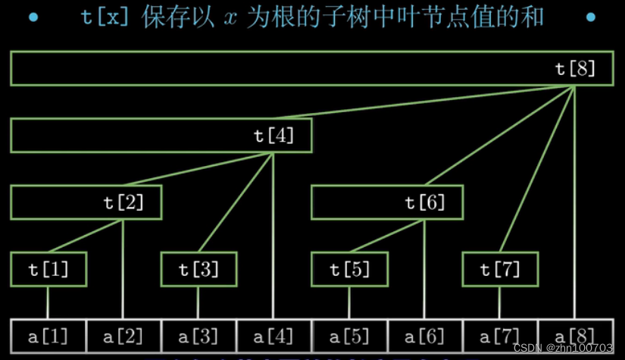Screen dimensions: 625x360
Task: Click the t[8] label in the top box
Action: click(576, 69)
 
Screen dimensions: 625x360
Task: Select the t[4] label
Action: click(273, 136)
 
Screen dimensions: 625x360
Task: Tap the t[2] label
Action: click(123, 202)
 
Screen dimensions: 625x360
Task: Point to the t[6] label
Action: click(425, 202)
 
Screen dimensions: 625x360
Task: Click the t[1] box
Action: click(48, 269)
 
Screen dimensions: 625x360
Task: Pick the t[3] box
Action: click(198, 269)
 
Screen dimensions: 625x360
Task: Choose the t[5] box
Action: click(349, 269)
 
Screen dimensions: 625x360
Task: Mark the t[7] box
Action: click(500, 269)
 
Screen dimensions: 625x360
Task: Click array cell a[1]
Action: click(48, 336)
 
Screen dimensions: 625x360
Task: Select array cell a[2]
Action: click(123, 336)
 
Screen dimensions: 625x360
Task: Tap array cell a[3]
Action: click(198, 336)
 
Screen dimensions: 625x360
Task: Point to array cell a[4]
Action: click(273, 336)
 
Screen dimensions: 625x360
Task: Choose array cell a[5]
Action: click(349, 336)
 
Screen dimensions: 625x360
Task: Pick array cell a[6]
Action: click(424, 336)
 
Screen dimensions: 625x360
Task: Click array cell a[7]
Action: click(500, 336)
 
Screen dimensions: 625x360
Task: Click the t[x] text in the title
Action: click(105, 17)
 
